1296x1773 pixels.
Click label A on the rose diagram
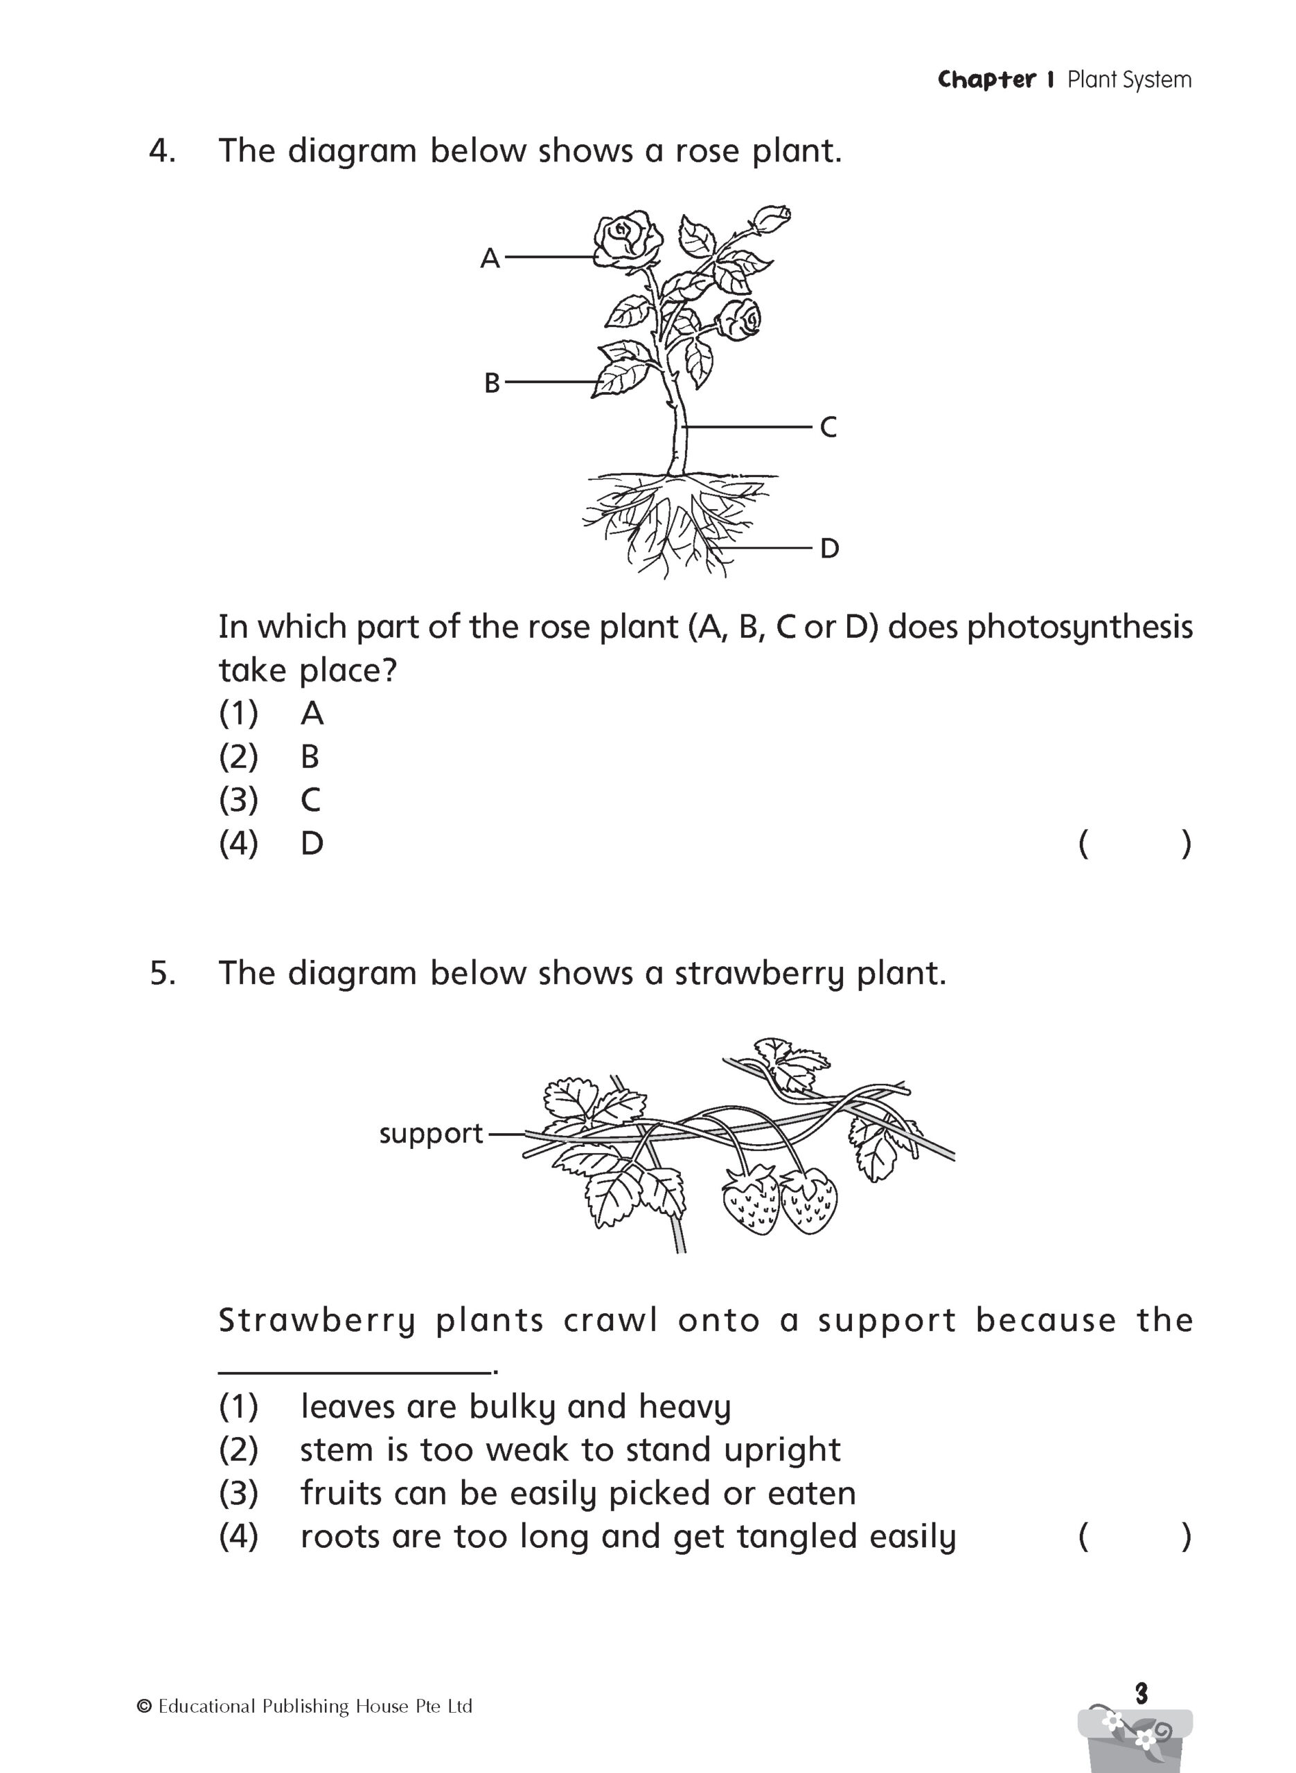click(490, 258)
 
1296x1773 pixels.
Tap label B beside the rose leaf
click(492, 384)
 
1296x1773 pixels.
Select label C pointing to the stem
click(828, 427)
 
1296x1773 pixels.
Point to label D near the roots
click(829, 549)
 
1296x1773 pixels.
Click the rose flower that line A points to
click(627, 238)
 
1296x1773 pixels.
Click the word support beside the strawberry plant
click(431, 1134)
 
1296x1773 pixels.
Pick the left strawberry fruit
click(750, 1200)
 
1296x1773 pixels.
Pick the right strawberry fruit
click(810, 1200)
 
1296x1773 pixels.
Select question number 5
click(162, 973)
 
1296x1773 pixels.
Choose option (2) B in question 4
click(310, 757)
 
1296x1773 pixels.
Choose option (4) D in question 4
click(312, 844)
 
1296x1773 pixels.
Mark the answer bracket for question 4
click(1135, 844)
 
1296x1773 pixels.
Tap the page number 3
click(1142, 1694)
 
